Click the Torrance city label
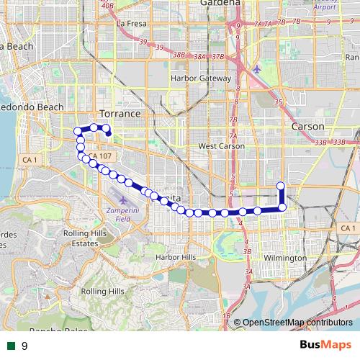click(119, 114)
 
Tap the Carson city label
click(308, 126)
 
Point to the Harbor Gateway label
click(199, 78)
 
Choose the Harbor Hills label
click(176, 257)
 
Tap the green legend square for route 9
click(10, 346)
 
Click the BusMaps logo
click(325, 345)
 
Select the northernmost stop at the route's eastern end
click(281, 186)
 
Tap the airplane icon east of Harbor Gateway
click(258, 69)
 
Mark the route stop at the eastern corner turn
click(282, 207)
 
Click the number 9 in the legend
click(24, 346)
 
